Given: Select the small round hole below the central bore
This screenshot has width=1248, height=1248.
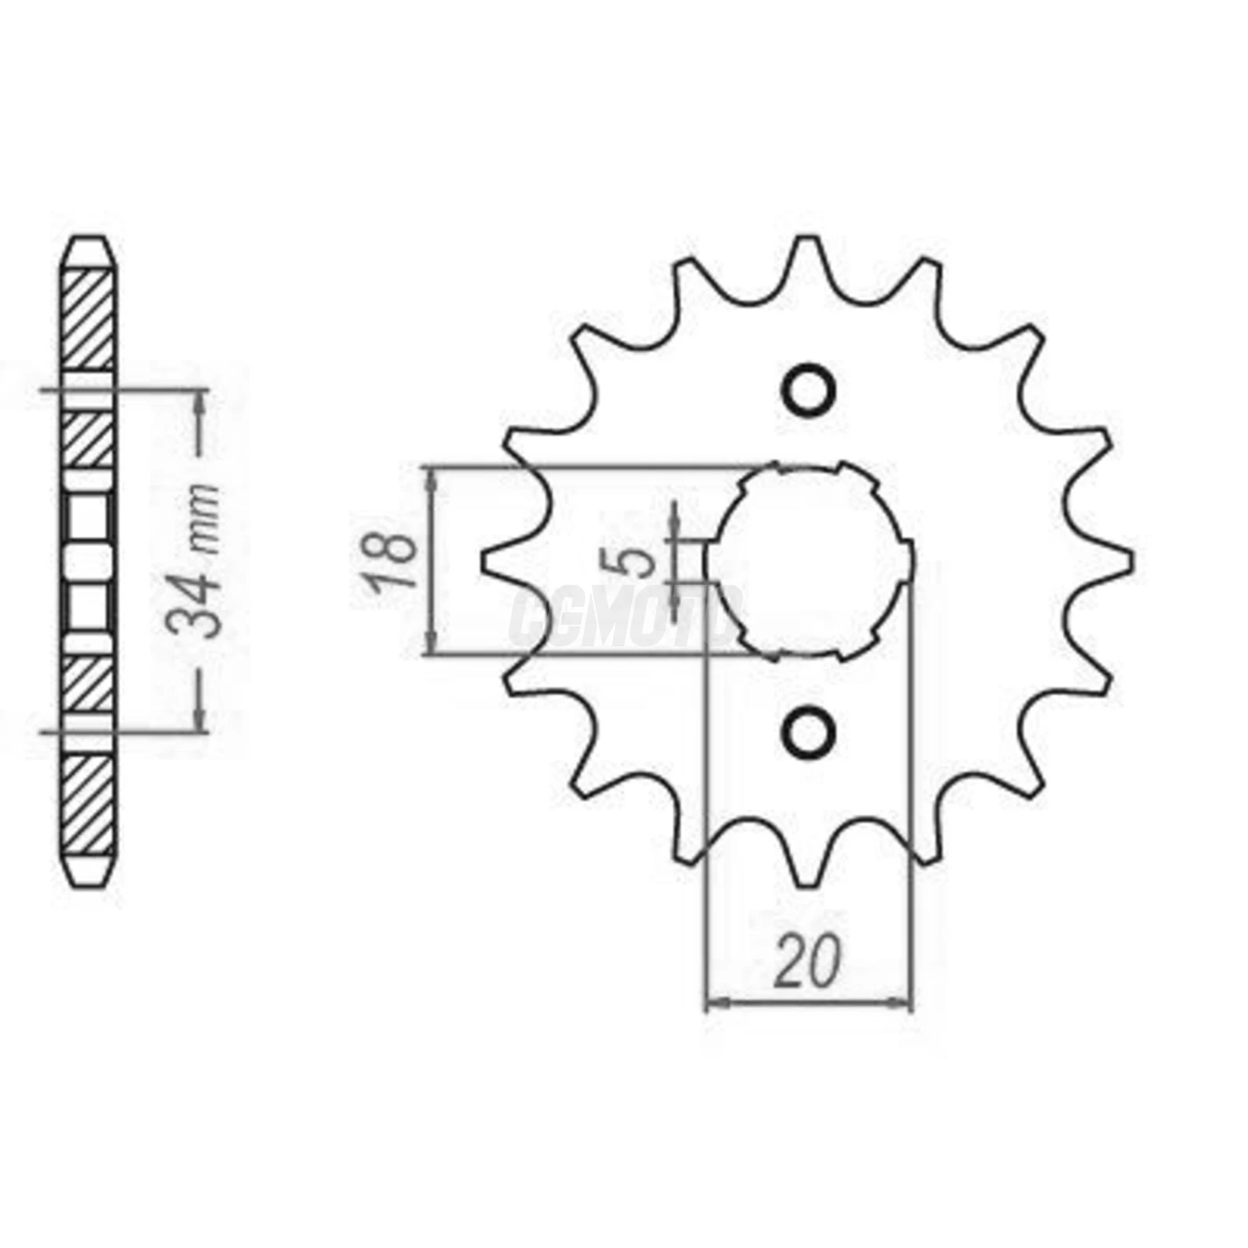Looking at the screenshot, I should pyautogui.click(x=809, y=732).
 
